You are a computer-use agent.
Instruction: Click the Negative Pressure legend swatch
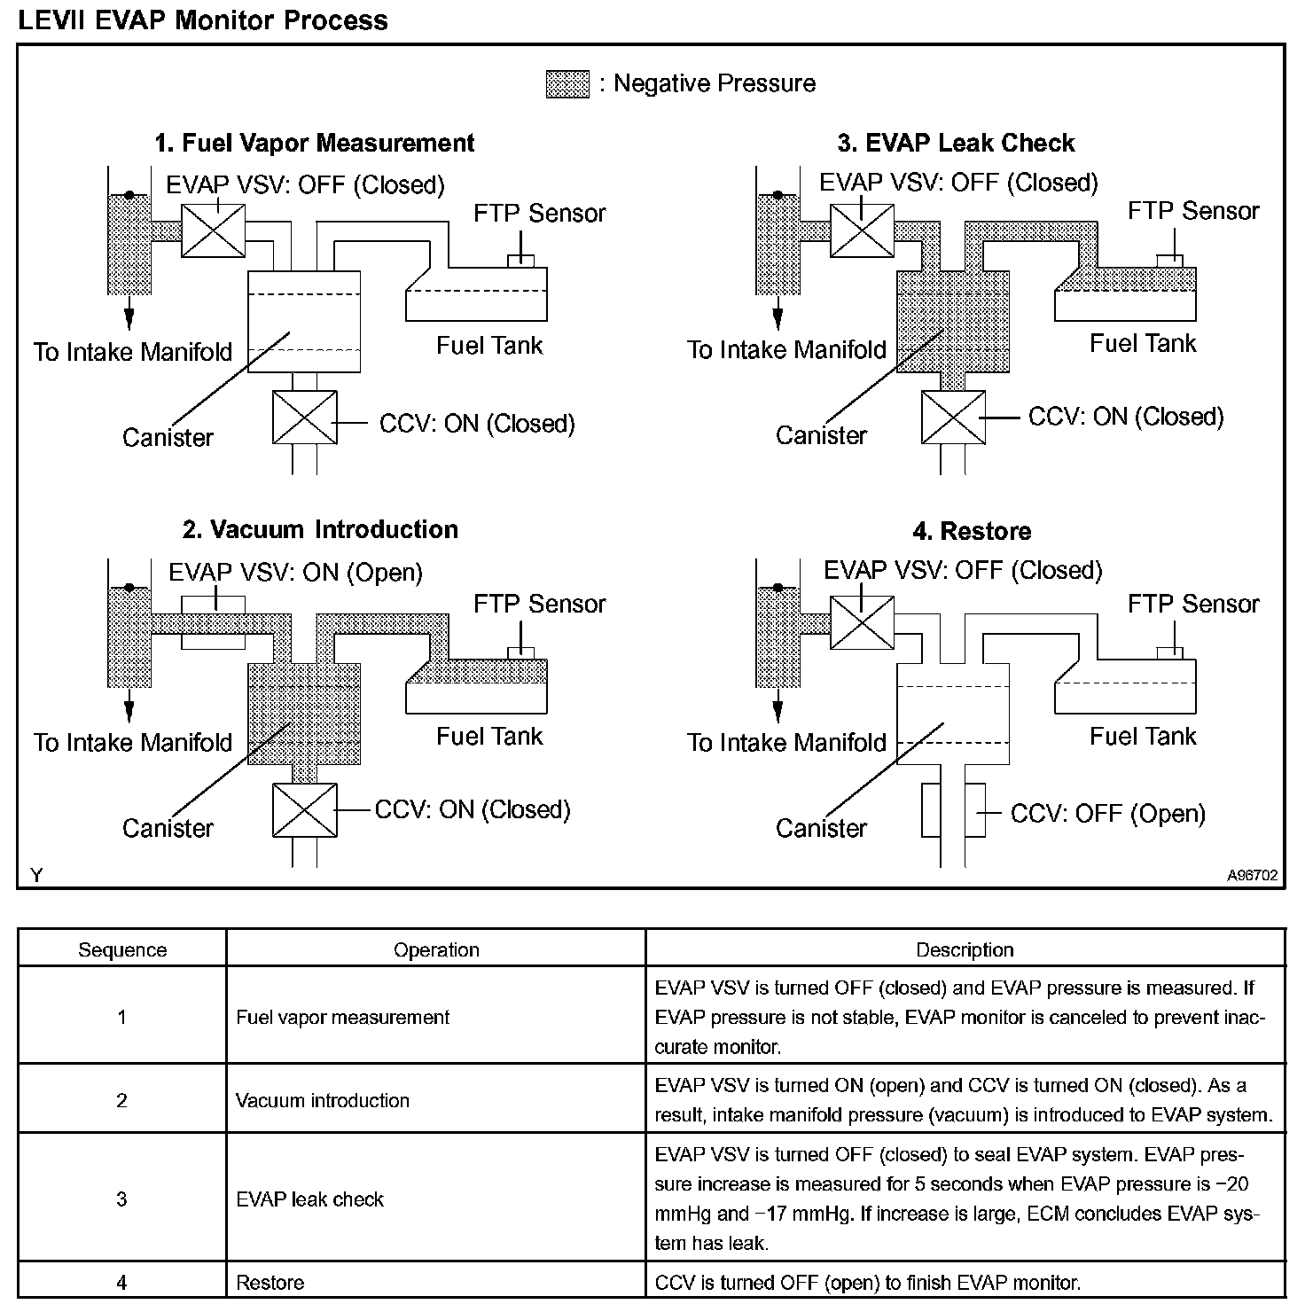tap(567, 84)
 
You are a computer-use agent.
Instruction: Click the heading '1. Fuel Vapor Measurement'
tap(315, 143)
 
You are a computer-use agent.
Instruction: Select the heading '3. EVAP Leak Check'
tap(956, 143)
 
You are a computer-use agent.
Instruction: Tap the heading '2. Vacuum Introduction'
tap(320, 529)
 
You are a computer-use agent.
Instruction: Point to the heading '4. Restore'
tap(972, 531)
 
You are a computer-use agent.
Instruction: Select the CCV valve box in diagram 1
tap(305, 417)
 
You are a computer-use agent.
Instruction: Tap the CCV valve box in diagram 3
tap(953, 417)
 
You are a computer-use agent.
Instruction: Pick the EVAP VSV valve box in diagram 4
tap(862, 622)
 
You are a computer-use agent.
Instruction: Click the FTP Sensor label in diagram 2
tap(539, 604)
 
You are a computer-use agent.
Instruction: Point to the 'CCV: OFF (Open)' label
tap(1107, 814)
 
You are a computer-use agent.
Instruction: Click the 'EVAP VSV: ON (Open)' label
tap(295, 572)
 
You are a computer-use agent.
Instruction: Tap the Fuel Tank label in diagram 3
tap(1143, 343)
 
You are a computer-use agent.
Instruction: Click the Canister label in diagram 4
tap(821, 828)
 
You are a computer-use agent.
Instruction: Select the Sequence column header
tap(122, 949)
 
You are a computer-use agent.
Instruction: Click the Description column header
tap(965, 949)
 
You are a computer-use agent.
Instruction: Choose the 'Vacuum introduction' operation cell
tap(323, 1100)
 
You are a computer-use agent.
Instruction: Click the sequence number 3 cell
tap(122, 1199)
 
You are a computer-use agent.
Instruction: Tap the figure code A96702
tap(1252, 875)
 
